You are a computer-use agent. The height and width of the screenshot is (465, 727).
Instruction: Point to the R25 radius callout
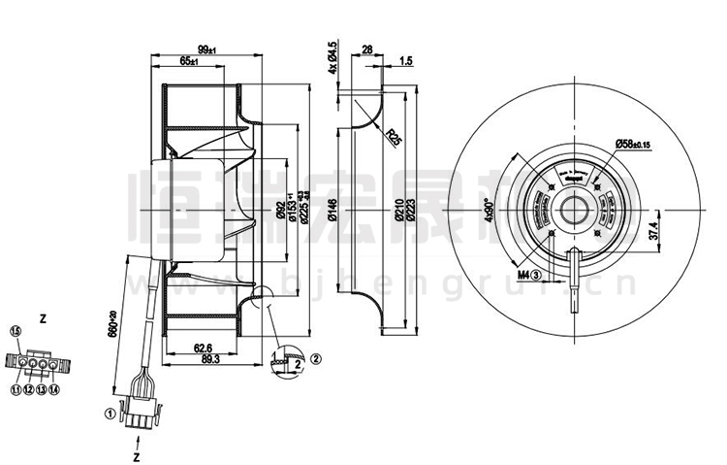394,136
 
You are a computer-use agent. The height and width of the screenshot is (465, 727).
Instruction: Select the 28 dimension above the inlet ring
367,49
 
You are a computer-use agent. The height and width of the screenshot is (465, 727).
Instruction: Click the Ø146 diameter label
332,211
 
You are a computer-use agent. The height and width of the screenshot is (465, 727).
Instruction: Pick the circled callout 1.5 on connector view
16,332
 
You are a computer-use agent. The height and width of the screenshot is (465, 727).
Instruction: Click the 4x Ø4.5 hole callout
332,57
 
